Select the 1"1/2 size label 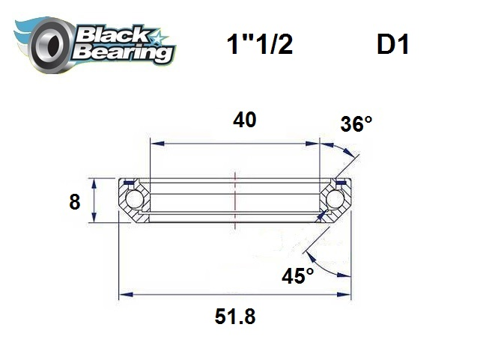click(259, 46)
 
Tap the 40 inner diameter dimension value click(245, 120)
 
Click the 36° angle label click(356, 124)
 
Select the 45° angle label click(297, 276)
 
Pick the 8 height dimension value click(74, 202)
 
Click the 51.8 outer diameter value click(235, 317)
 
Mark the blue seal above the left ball click(129, 182)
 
